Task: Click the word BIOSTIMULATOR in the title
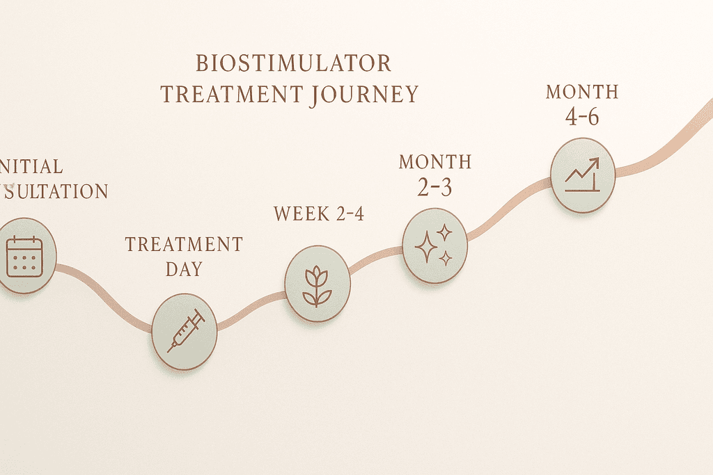pyautogui.click(x=293, y=63)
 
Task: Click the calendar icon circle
pyautogui.click(x=24, y=256)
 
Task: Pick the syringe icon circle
pyautogui.click(x=185, y=331)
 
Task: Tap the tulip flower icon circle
pyautogui.click(x=317, y=284)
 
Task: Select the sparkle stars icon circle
pyautogui.click(x=434, y=245)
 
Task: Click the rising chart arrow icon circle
pyautogui.click(x=582, y=174)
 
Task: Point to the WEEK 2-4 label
pyautogui.click(x=319, y=214)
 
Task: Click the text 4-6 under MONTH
pyautogui.click(x=581, y=117)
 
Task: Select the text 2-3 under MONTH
pyautogui.click(x=434, y=187)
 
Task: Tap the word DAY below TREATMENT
pyautogui.click(x=184, y=269)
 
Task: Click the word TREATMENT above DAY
pyautogui.click(x=184, y=245)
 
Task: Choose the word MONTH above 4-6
pyautogui.click(x=581, y=92)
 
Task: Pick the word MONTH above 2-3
pyautogui.click(x=434, y=162)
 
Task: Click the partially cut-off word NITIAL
pyautogui.click(x=32, y=167)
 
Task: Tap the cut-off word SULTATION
pyautogui.click(x=56, y=191)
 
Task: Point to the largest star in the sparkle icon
pyautogui.click(x=425, y=246)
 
